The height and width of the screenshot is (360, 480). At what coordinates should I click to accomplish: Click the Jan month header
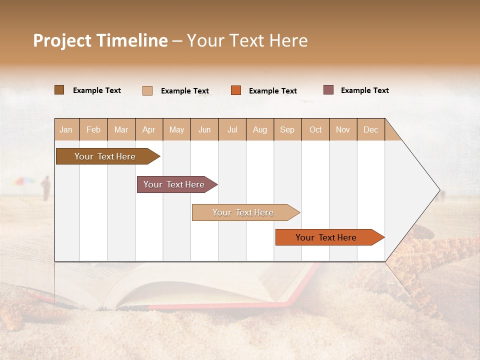[x=66, y=129]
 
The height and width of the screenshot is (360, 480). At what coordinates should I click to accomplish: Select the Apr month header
[x=149, y=129]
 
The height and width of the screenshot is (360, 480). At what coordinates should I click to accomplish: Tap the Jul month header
[x=232, y=129]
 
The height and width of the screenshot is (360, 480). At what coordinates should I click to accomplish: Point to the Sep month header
[x=287, y=129]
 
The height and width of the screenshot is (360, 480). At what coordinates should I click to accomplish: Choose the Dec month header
[x=370, y=129]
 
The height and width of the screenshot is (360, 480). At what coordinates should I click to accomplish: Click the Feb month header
[x=93, y=129]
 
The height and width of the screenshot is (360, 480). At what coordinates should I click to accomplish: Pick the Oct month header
[x=315, y=129]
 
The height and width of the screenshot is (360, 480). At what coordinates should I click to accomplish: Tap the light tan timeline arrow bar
[x=243, y=212]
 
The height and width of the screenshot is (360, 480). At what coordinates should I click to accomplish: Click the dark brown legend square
[x=59, y=90]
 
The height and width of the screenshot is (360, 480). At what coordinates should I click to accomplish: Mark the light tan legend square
[x=147, y=90]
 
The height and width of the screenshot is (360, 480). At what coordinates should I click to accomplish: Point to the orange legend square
[x=236, y=90]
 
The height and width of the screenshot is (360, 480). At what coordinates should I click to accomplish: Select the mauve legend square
[x=328, y=90]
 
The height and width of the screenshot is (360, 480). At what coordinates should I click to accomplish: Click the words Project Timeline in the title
[x=100, y=40]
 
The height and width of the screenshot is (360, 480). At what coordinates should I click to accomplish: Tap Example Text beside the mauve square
[x=364, y=90]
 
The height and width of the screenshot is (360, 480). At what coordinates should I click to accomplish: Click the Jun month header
[x=204, y=129]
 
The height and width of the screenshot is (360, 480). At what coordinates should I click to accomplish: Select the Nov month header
[x=343, y=129]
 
